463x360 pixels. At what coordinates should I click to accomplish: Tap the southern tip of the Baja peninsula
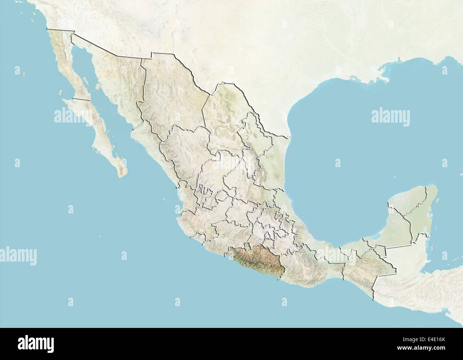123,175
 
